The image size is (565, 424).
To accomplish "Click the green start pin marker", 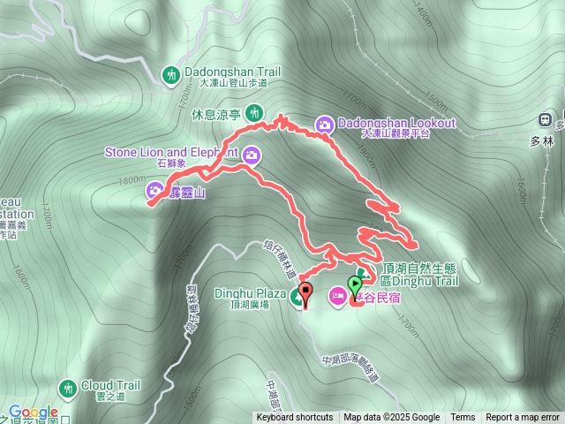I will click(356, 285).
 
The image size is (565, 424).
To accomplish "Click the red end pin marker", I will click(305, 292).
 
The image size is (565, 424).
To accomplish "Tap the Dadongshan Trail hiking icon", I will click(170, 73).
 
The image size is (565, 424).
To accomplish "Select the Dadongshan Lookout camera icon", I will click(325, 124).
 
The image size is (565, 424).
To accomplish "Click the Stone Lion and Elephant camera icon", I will click(252, 155).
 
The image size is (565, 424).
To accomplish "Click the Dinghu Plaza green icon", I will click(297, 294).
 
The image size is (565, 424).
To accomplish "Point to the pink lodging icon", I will click(338, 294).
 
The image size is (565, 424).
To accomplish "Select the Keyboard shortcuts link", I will click(295, 418).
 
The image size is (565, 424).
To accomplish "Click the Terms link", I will click(463, 418).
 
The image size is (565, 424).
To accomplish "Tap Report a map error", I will click(523, 418).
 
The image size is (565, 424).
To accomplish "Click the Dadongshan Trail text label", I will click(232, 72).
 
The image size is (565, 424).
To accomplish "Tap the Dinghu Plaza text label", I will click(250, 293).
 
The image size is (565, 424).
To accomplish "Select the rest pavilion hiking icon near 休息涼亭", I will click(255, 112).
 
